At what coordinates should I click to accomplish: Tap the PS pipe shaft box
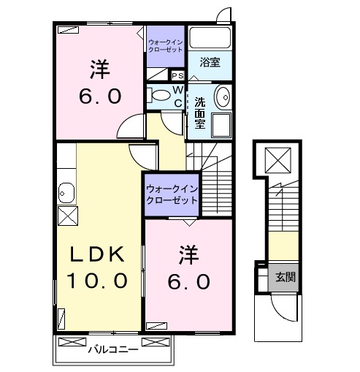coord(177,75)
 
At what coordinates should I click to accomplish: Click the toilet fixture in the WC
coord(156,94)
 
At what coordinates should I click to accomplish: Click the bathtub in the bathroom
coord(210,38)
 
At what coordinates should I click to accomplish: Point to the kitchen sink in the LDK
coord(66,193)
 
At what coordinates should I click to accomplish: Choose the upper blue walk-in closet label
coord(165,45)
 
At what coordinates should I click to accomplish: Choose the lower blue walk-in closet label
coord(172,194)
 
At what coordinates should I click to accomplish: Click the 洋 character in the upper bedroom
coord(100,70)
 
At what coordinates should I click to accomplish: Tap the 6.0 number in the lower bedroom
coord(191,281)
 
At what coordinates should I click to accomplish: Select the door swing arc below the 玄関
coord(282,305)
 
